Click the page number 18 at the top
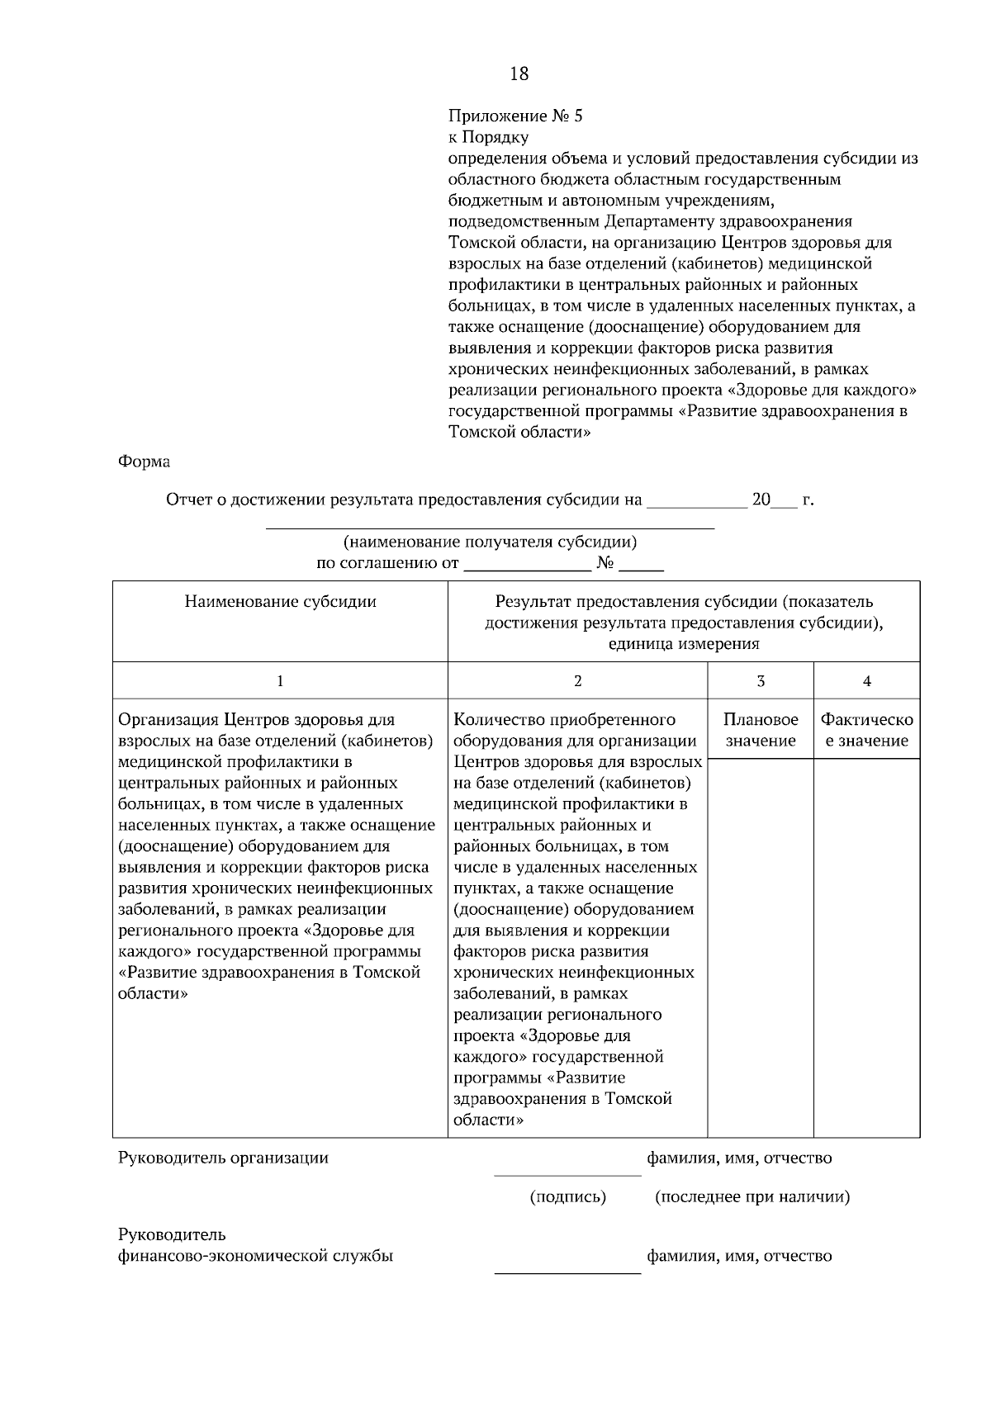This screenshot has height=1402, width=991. click(519, 74)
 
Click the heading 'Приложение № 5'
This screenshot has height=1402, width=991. click(514, 116)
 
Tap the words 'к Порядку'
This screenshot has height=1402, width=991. click(487, 137)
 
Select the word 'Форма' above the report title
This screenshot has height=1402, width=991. click(145, 462)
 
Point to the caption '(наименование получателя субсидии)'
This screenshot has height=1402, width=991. click(490, 542)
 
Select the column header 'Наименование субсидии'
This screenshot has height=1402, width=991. click(280, 602)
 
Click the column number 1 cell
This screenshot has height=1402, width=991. click(280, 681)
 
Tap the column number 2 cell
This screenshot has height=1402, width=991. click(577, 681)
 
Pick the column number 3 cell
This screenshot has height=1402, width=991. click(761, 681)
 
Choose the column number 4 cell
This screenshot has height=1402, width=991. click(866, 681)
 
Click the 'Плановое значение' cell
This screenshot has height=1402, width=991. click(761, 730)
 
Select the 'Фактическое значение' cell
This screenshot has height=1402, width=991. click(866, 730)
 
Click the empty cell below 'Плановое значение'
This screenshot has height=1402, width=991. click(761, 945)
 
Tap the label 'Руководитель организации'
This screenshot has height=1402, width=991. click(223, 1158)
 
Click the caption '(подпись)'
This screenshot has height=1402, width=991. click(567, 1196)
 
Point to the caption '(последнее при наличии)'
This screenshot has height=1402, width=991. click(752, 1196)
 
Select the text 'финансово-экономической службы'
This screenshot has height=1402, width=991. click(255, 1257)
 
